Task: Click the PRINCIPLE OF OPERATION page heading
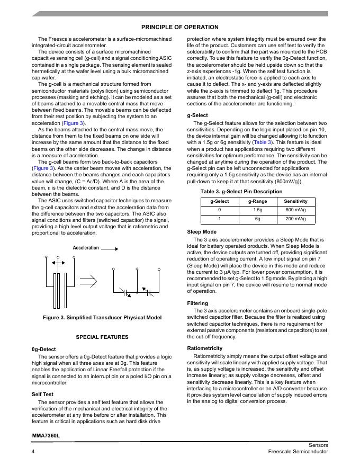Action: (179, 27)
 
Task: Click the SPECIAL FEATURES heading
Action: (102, 337)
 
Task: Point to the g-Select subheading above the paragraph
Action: (197, 115)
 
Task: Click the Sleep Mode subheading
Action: (201, 232)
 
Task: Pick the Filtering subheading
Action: (198, 303)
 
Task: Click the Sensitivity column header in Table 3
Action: (295, 202)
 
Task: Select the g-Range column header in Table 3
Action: (258, 202)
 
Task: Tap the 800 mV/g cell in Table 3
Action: (295, 210)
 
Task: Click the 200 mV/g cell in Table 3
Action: (295, 218)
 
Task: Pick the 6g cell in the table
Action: (258, 218)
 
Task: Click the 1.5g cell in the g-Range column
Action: (258, 210)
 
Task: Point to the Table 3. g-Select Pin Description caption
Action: (241, 191)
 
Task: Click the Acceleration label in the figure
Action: (86, 248)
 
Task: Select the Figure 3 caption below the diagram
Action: (102, 318)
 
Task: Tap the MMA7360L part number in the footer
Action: (46, 435)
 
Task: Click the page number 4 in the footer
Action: (33, 451)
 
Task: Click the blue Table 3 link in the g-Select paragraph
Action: (263, 142)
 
